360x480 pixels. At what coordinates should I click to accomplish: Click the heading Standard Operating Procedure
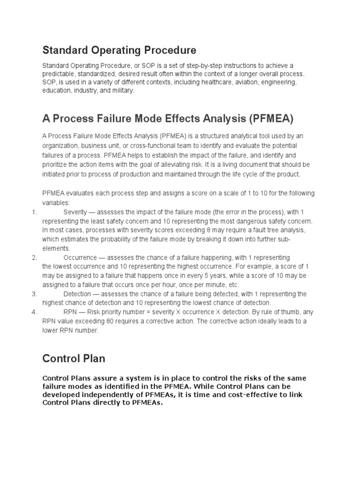(119, 50)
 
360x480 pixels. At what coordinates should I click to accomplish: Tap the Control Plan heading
(74, 359)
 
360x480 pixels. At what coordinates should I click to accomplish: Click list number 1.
(34, 212)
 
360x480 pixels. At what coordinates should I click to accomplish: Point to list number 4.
(34, 312)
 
